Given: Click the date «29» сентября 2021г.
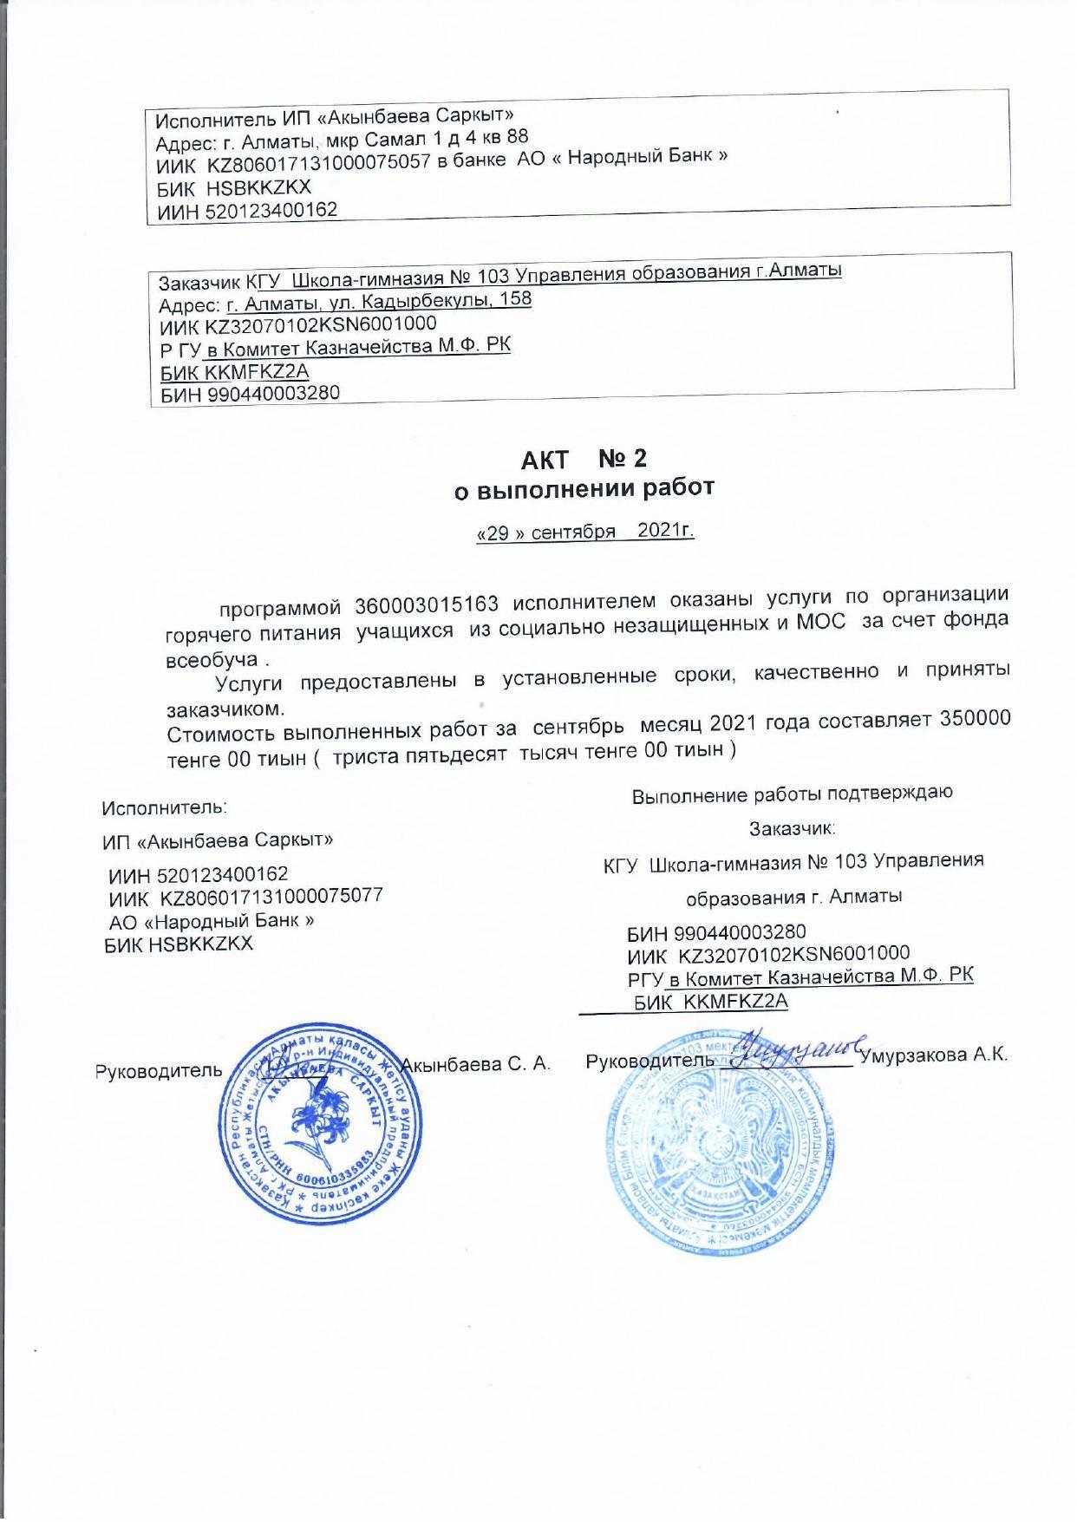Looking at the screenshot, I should click(585, 532).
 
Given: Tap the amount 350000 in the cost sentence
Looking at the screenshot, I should click(976, 719).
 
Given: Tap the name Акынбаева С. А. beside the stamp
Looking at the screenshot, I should click(478, 1064).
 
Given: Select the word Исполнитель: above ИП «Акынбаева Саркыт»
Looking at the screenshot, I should click(164, 808).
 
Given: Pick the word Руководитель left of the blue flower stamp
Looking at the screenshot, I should click(159, 1071).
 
